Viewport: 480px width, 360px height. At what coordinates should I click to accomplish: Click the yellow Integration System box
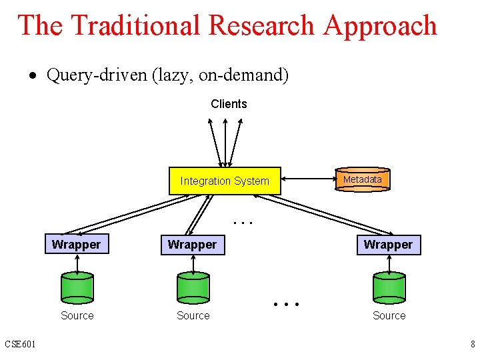[x=225, y=181]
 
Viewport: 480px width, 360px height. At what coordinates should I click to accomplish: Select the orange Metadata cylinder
[x=362, y=180]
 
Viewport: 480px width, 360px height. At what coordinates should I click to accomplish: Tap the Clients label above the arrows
[x=229, y=104]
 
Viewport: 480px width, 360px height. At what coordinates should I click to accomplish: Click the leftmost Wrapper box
[x=76, y=245]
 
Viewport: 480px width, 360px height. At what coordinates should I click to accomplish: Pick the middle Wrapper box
[x=192, y=245]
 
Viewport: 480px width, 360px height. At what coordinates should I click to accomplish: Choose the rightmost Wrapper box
[x=388, y=245]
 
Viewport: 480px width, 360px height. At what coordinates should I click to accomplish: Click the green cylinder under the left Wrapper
[x=77, y=287]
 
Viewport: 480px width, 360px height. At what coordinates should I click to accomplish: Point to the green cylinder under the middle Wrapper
[x=193, y=287]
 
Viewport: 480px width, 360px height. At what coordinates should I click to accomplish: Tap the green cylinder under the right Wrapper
[x=389, y=287]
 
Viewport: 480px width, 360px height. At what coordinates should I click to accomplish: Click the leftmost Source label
[x=77, y=315]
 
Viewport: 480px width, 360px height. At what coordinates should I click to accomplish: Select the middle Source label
[x=193, y=315]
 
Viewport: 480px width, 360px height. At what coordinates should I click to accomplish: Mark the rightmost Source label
[x=389, y=315]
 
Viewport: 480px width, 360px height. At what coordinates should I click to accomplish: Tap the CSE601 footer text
[x=21, y=344]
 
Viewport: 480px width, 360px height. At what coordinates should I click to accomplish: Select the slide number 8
[x=472, y=344]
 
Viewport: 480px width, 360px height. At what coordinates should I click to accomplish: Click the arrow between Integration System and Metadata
[x=307, y=180]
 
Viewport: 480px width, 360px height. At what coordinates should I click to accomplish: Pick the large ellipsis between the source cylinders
[x=287, y=304]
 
